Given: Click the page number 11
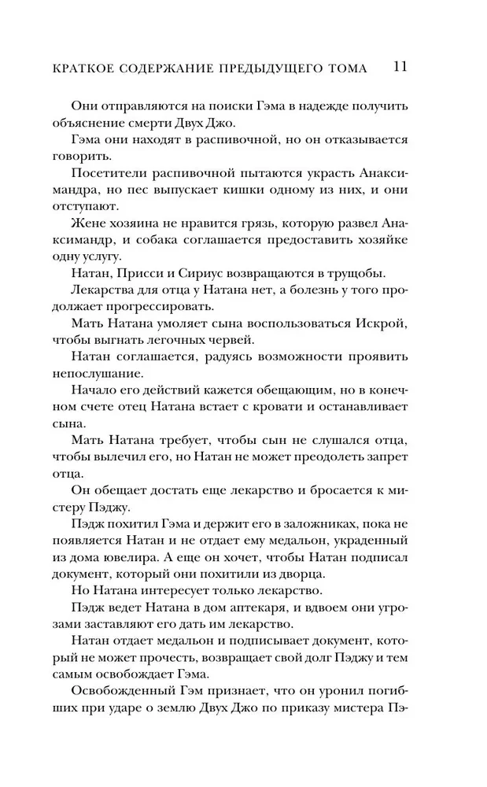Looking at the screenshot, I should point(397,68).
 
